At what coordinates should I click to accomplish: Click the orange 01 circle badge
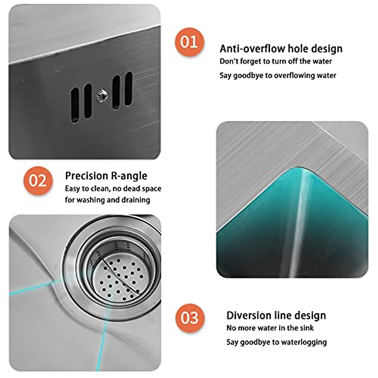[x=189, y=42]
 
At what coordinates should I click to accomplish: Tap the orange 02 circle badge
[x=38, y=181]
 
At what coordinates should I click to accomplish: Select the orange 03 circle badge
[x=190, y=318]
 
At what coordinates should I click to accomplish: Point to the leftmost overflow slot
[x=75, y=105]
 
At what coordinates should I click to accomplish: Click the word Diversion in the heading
[x=249, y=315]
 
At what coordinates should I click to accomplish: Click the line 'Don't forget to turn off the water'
[x=276, y=61]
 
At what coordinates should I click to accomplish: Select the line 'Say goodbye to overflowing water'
[x=278, y=75]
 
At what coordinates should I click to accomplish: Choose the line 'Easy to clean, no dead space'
[x=113, y=189]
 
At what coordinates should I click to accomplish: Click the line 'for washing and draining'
[x=107, y=200]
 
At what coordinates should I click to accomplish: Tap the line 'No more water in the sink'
[x=270, y=328]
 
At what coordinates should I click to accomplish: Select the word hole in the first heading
[x=298, y=49]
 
